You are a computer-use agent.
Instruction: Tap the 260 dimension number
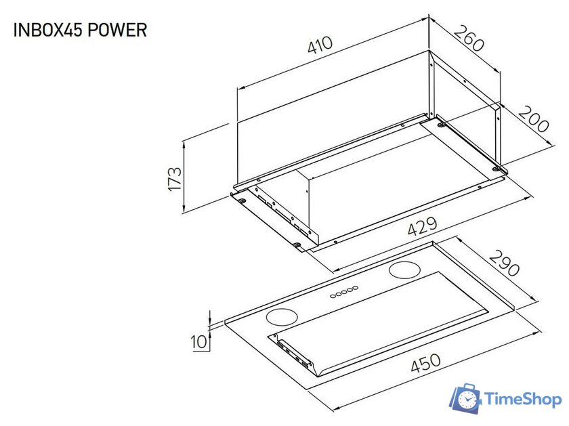coord(469,39)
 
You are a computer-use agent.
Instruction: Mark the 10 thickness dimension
coord(198,342)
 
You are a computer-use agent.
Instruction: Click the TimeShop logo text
coord(524,400)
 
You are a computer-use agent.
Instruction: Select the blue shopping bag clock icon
coord(466,398)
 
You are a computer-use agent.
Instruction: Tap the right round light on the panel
coord(405,270)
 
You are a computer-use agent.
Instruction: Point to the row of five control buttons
coord(344,291)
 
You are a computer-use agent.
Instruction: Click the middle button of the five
coord(344,291)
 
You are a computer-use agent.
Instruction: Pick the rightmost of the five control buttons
coord(356,288)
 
